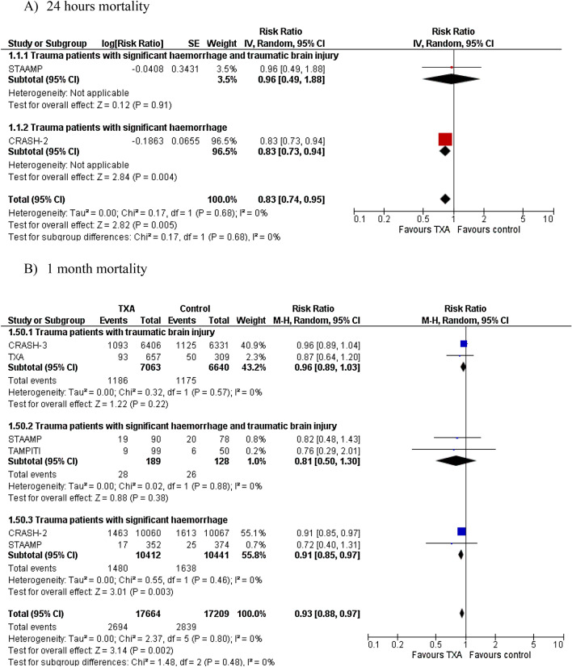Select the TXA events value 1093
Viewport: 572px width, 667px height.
click(116, 343)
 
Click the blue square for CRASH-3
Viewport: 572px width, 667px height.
click(464, 343)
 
